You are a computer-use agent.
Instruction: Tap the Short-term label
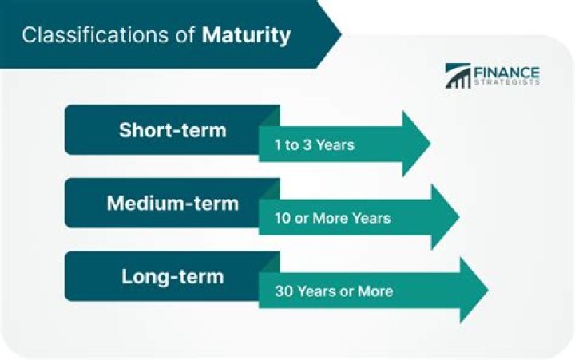[x=172, y=129]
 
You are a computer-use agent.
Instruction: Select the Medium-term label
[x=172, y=203]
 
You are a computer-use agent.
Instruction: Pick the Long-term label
[x=172, y=277]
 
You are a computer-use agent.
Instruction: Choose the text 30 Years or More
[x=333, y=291]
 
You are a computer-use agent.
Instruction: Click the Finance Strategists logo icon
[x=458, y=76]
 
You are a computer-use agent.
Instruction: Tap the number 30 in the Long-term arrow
[x=283, y=291]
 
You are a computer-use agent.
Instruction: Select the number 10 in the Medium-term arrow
[x=282, y=219]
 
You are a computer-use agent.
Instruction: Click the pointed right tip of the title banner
[x=339, y=34]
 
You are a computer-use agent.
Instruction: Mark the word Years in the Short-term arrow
[x=335, y=145]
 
